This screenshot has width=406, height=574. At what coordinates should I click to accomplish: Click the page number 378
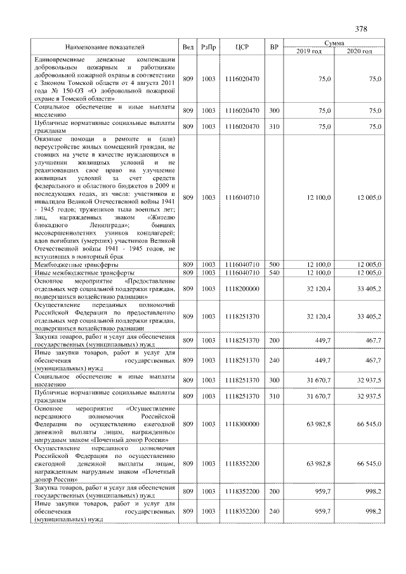pos(361,29)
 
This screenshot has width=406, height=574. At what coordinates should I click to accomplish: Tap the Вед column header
pos(188,47)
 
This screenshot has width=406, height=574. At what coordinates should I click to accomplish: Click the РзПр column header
pos(208,47)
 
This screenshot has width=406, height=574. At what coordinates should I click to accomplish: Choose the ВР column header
pos(274,47)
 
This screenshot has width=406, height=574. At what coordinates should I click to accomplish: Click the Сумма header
pos(334,42)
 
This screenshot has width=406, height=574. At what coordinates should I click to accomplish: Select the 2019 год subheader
pos(309,51)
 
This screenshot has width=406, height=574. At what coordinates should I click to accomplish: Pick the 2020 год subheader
pos(359,51)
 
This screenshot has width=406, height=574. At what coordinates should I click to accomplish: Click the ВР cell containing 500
pos(274,264)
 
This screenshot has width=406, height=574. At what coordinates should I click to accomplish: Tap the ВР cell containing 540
pos(274,272)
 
